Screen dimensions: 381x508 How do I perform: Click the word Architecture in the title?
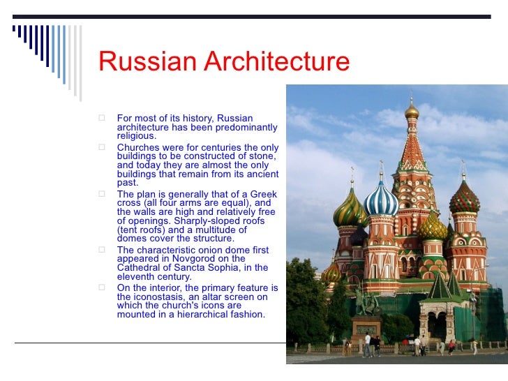[276, 61]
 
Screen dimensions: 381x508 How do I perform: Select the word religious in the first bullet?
[137, 136]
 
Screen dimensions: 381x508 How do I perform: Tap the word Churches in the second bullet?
[137, 148]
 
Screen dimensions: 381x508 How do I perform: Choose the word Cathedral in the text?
[139, 268]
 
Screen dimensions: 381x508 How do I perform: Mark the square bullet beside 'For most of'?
[102, 119]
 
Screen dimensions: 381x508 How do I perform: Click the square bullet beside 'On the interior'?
[102, 287]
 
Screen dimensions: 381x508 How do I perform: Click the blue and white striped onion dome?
[381, 201]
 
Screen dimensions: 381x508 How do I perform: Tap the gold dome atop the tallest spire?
[412, 110]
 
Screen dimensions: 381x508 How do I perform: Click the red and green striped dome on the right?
[464, 200]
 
